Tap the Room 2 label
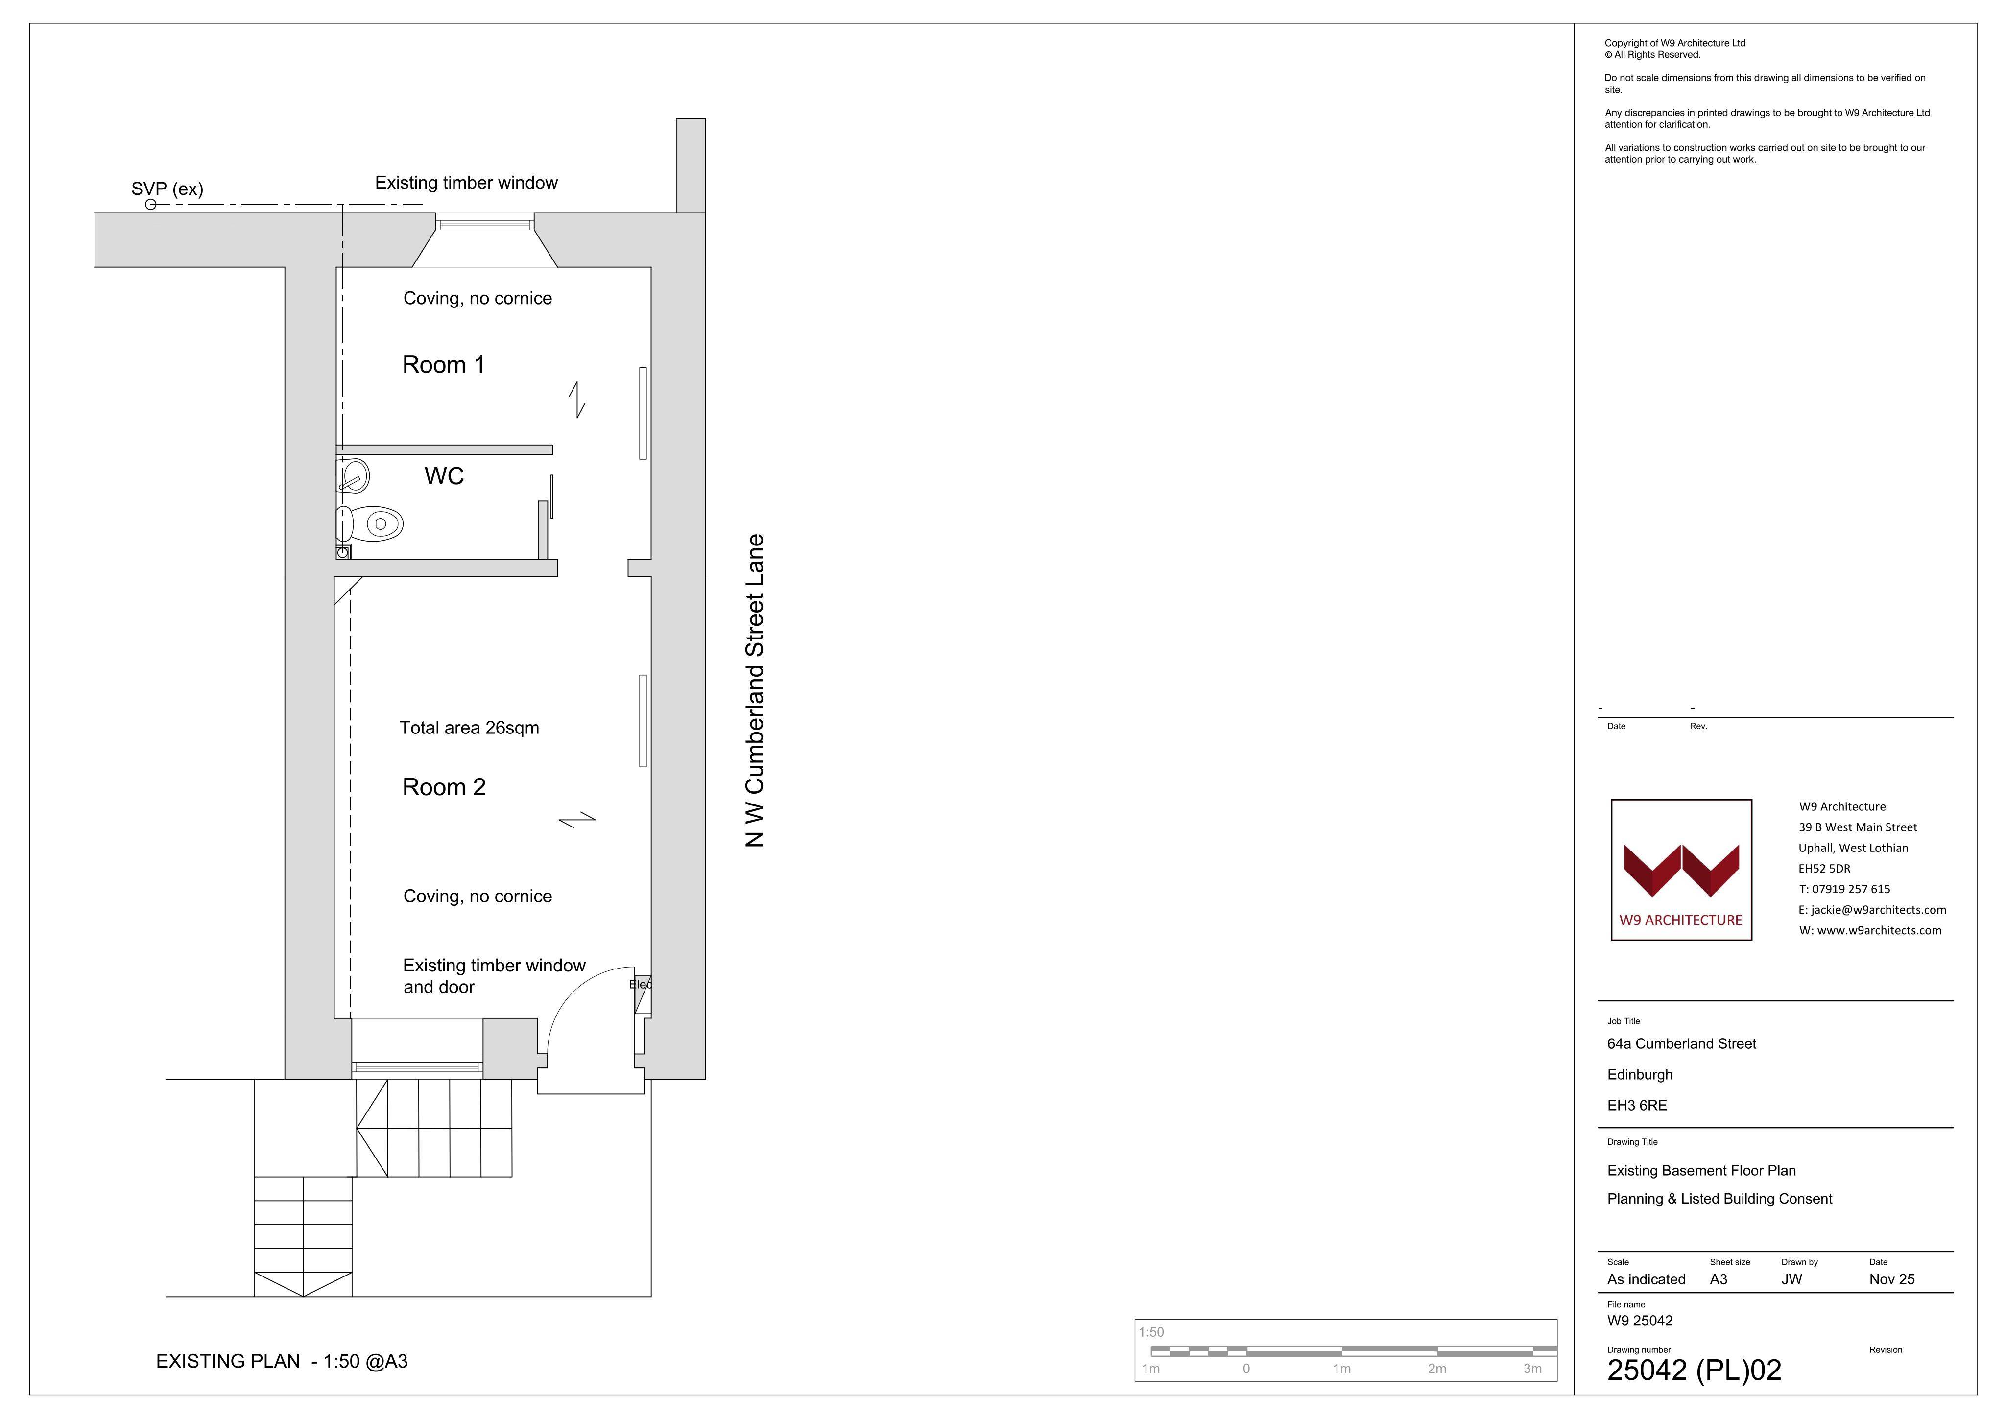pyautogui.click(x=444, y=787)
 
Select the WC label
pyautogui.click(x=444, y=476)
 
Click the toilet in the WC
pyautogui.click(x=370, y=524)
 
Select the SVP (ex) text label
pyautogui.click(x=167, y=189)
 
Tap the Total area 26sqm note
pyautogui.click(x=469, y=728)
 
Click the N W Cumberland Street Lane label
pyautogui.click(x=755, y=690)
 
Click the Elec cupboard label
pyautogui.click(x=641, y=985)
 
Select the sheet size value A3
pyautogui.click(x=1719, y=1279)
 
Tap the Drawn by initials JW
pyautogui.click(x=1792, y=1279)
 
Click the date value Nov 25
pyautogui.click(x=1891, y=1279)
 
